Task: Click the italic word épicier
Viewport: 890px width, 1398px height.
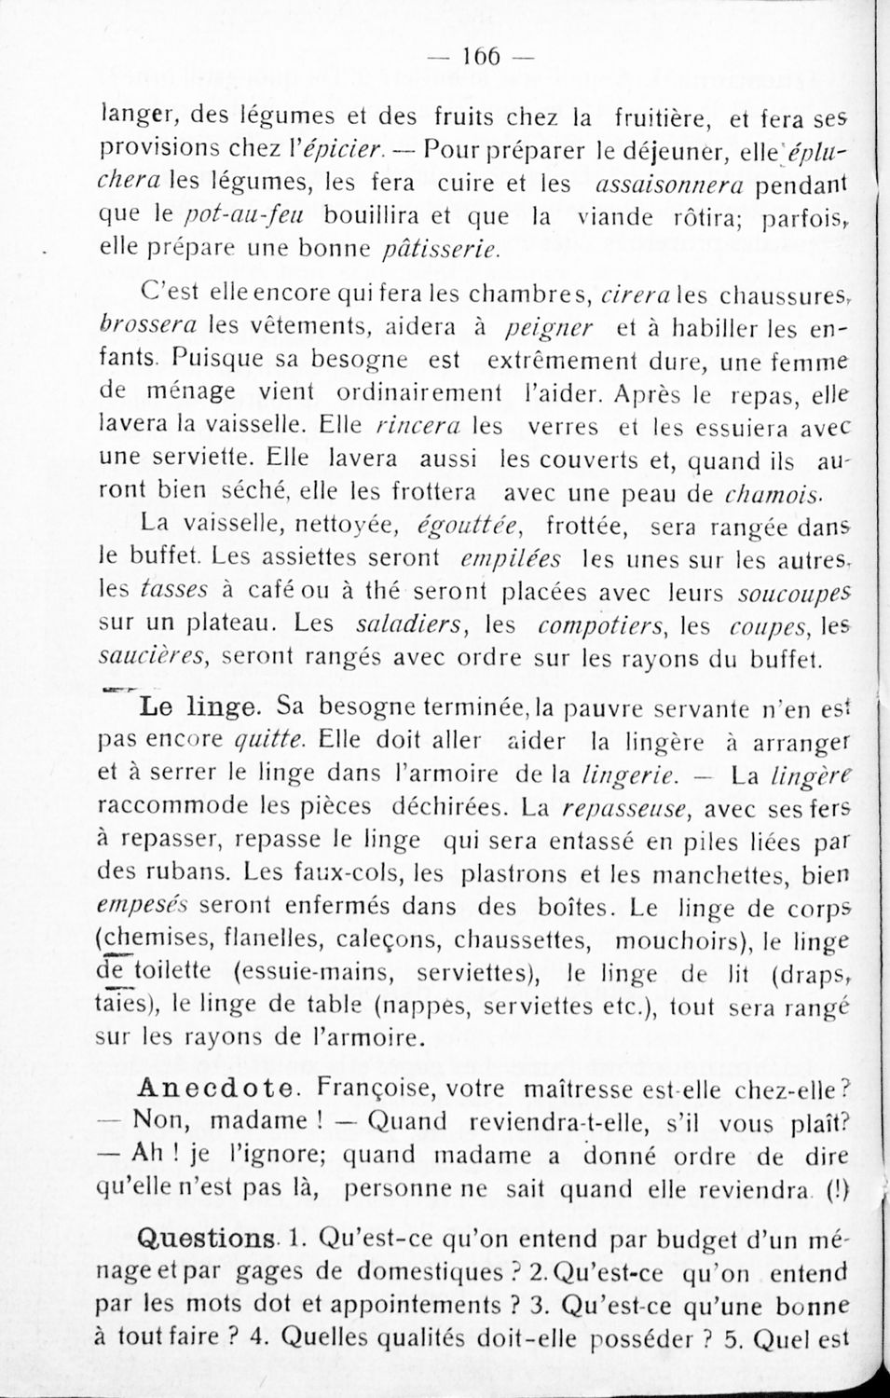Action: tap(349, 148)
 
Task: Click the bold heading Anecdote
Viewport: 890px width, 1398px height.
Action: tap(220, 1087)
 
